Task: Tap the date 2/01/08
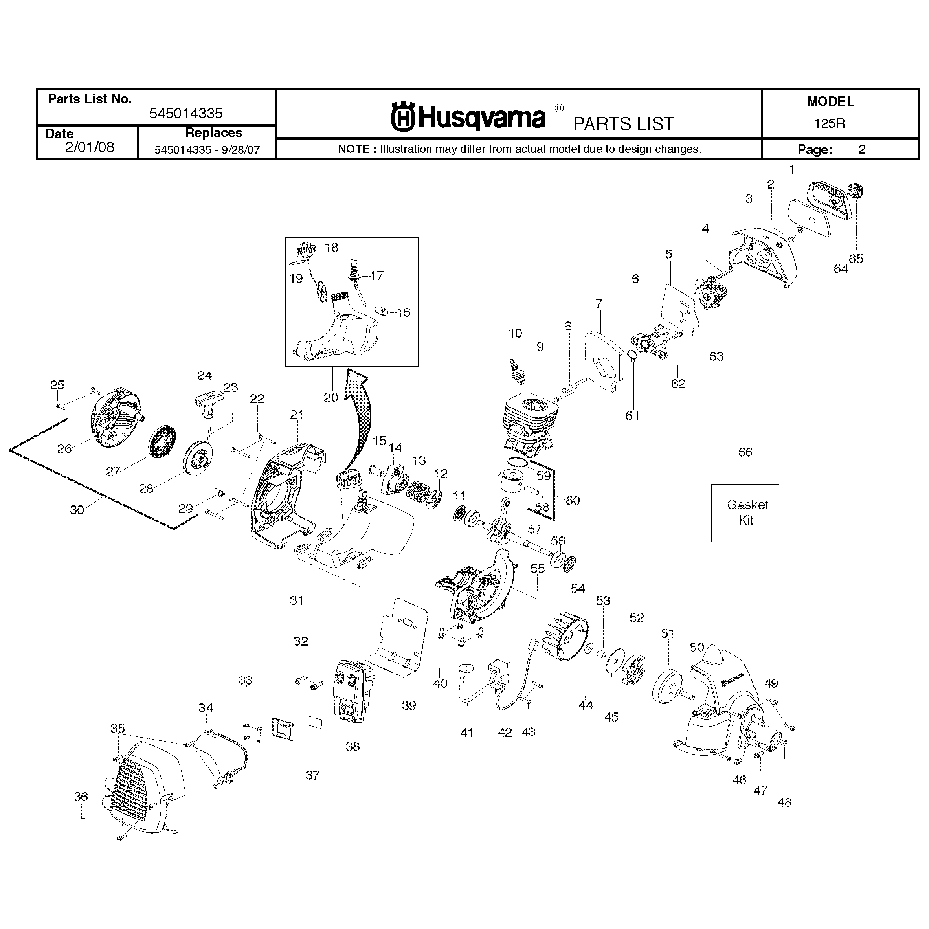pos(90,147)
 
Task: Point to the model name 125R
pos(830,123)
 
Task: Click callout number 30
pos(77,510)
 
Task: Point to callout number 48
pos(784,802)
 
